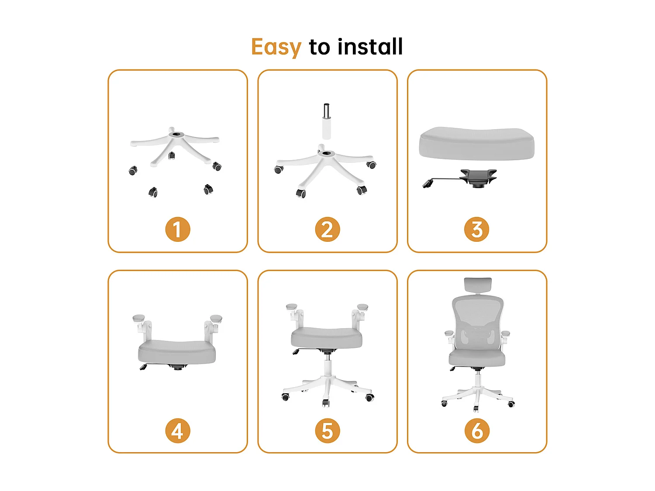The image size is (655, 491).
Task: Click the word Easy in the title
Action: point(276,47)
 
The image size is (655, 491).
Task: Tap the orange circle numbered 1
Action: point(178,230)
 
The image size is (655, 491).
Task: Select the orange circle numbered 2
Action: point(327,230)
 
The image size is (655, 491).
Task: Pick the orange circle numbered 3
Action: point(477,230)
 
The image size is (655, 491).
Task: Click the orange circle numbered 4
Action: point(178,431)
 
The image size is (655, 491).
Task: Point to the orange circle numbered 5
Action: point(327,431)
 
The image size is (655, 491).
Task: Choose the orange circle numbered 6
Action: point(477,431)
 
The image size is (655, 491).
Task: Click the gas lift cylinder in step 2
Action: point(326,122)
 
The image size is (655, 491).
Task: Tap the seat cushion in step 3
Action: point(476,143)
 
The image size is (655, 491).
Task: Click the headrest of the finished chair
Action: point(478,285)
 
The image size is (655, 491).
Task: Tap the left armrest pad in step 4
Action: point(139,318)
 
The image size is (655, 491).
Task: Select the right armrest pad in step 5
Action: point(362,307)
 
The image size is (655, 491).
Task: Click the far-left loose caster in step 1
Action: point(133,171)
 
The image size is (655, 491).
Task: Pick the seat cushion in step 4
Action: point(177,352)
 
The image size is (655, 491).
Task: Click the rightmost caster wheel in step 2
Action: point(371,165)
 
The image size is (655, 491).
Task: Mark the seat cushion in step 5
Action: point(327,338)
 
